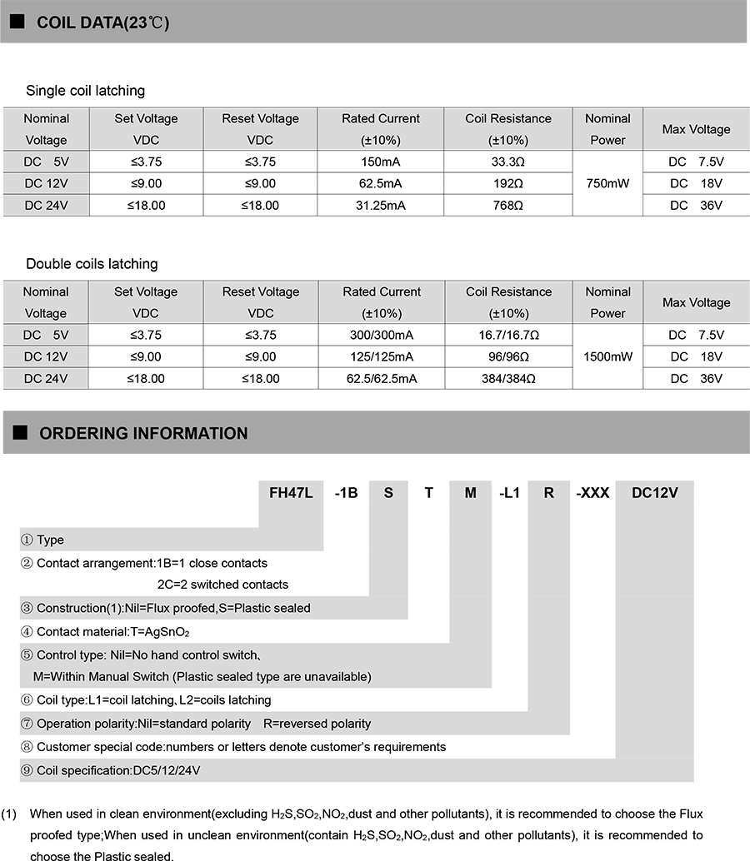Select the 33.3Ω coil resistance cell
tap(508, 162)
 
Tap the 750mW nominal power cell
tap(607, 183)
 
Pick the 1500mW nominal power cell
tap(607, 356)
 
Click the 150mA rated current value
tap(381, 162)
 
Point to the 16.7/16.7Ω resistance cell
tap(508, 335)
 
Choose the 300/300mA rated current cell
tap(381, 335)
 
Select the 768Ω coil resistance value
tap(508, 205)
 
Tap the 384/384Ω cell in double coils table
tap(508, 378)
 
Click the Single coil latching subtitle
tap(85, 91)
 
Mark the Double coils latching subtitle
tap(92, 264)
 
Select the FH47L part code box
tap(291, 492)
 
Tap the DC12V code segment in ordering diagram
tap(654, 492)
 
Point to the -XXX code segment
tap(592, 492)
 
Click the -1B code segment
tap(346, 492)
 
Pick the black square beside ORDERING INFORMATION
tap(22, 433)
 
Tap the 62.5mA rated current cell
tap(381, 183)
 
